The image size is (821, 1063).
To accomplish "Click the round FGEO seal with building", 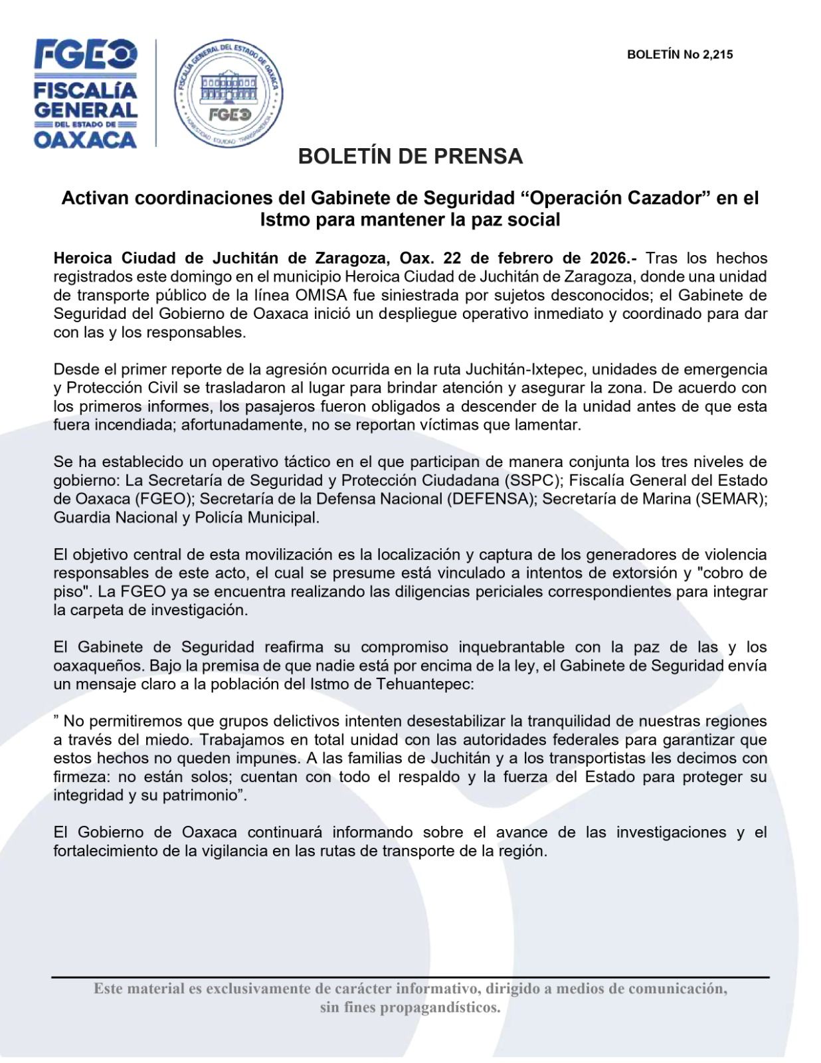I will (x=228, y=93).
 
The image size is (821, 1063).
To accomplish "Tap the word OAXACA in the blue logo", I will (x=85, y=139).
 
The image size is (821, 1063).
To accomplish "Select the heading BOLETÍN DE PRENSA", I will (x=410, y=156).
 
